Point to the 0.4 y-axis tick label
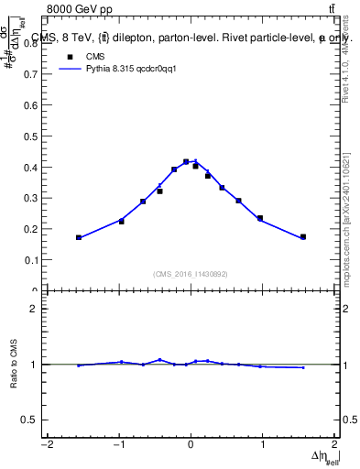tap(30, 168)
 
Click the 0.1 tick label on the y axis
tap(30, 260)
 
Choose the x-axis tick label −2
tap(47, 445)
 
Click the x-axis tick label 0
tap(191, 445)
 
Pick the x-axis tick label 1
tap(262, 445)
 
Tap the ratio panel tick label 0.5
tap(28, 420)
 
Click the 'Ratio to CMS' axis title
tap(14, 364)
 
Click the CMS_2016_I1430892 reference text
tap(190, 273)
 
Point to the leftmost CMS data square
tap(79, 237)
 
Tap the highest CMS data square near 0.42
tap(186, 162)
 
